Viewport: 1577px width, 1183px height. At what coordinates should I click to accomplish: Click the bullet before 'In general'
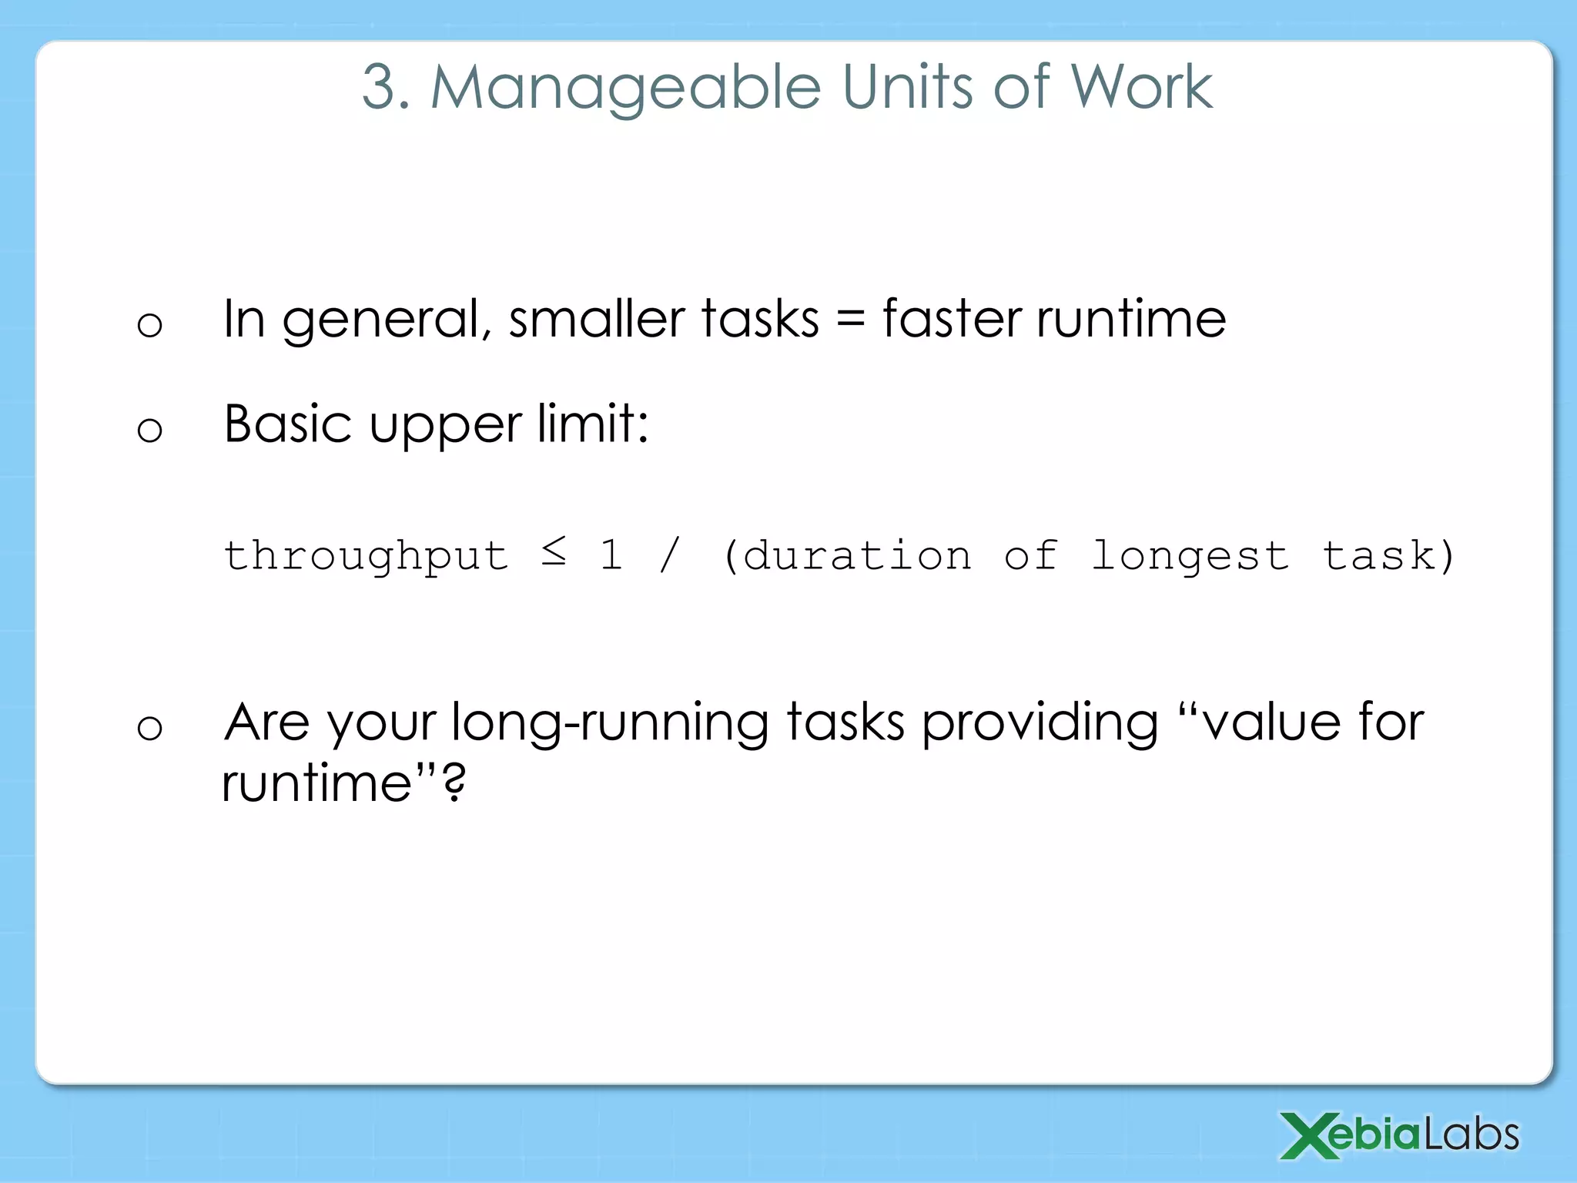[x=149, y=324]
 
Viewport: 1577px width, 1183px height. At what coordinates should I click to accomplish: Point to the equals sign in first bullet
[x=850, y=320]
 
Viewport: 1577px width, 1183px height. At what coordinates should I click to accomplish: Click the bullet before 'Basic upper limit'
[x=149, y=429]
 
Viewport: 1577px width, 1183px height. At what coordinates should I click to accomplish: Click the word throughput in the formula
[x=366, y=556]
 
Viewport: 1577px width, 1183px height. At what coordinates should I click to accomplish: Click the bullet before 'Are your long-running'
[x=149, y=727]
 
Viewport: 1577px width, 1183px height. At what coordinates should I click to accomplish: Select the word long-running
[x=610, y=724]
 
